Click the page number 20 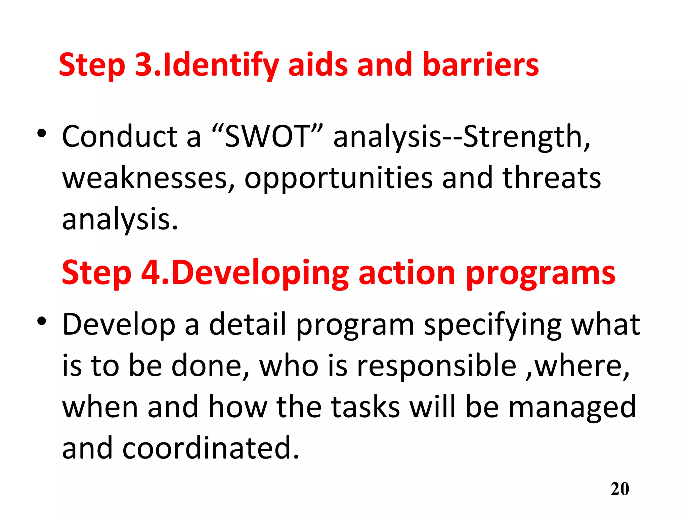point(620,489)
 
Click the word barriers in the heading point(480,64)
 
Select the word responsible point(436,366)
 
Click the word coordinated point(210,448)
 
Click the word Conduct point(120,136)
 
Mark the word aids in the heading point(318,64)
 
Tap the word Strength point(524,137)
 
